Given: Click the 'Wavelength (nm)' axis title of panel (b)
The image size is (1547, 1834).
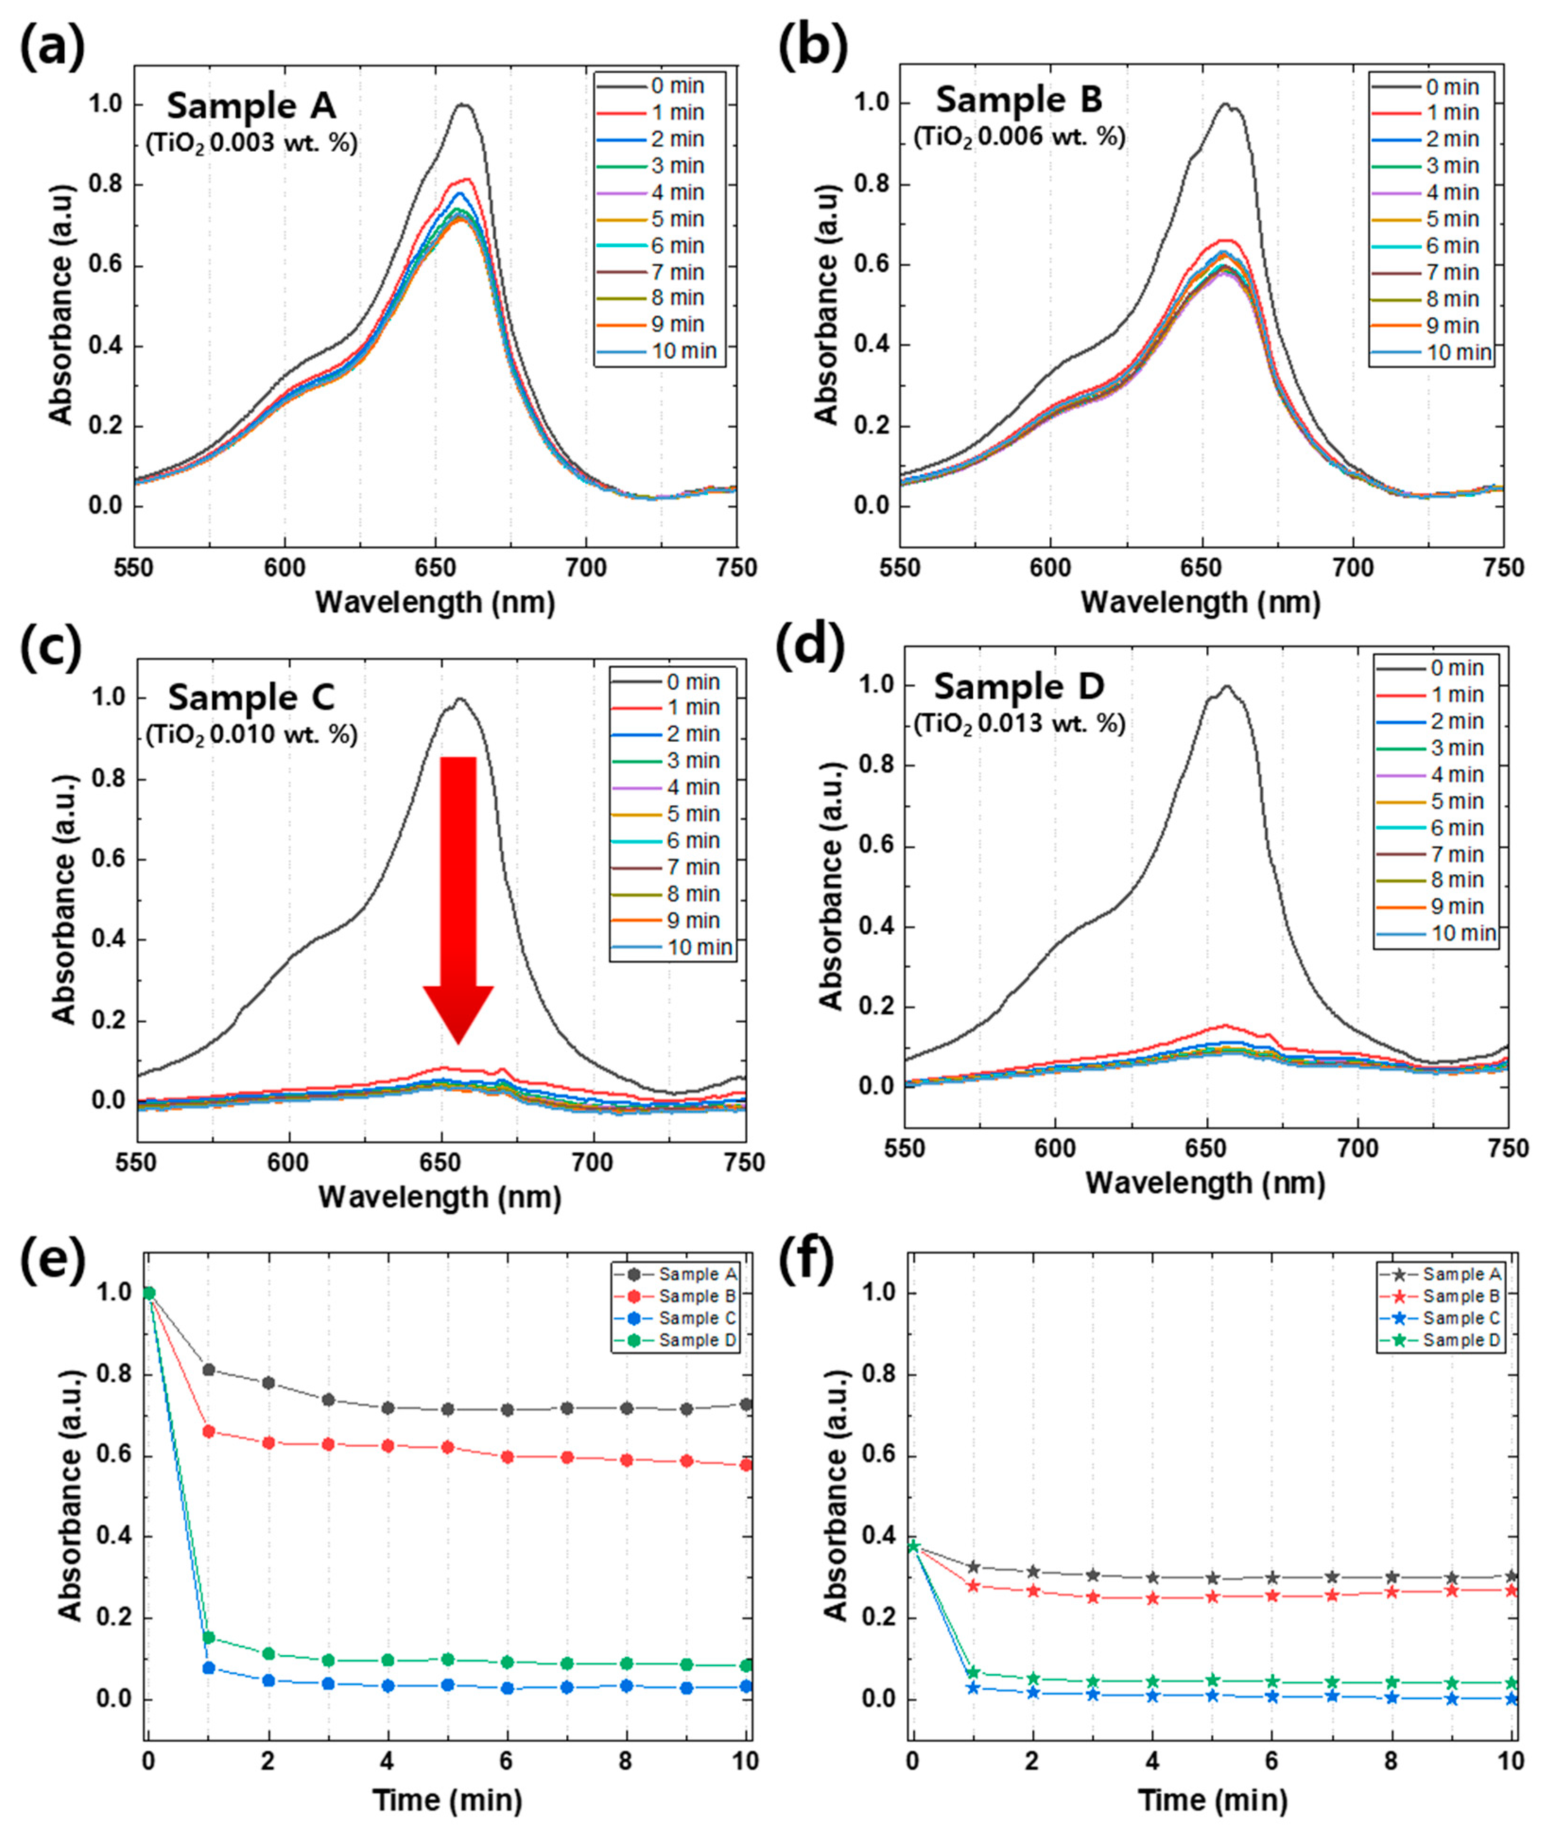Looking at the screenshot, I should tap(1200, 602).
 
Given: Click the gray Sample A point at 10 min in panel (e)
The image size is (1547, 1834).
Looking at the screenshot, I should tap(746, 1404).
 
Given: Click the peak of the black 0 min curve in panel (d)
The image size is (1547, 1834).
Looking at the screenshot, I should tap(1226, 687).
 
